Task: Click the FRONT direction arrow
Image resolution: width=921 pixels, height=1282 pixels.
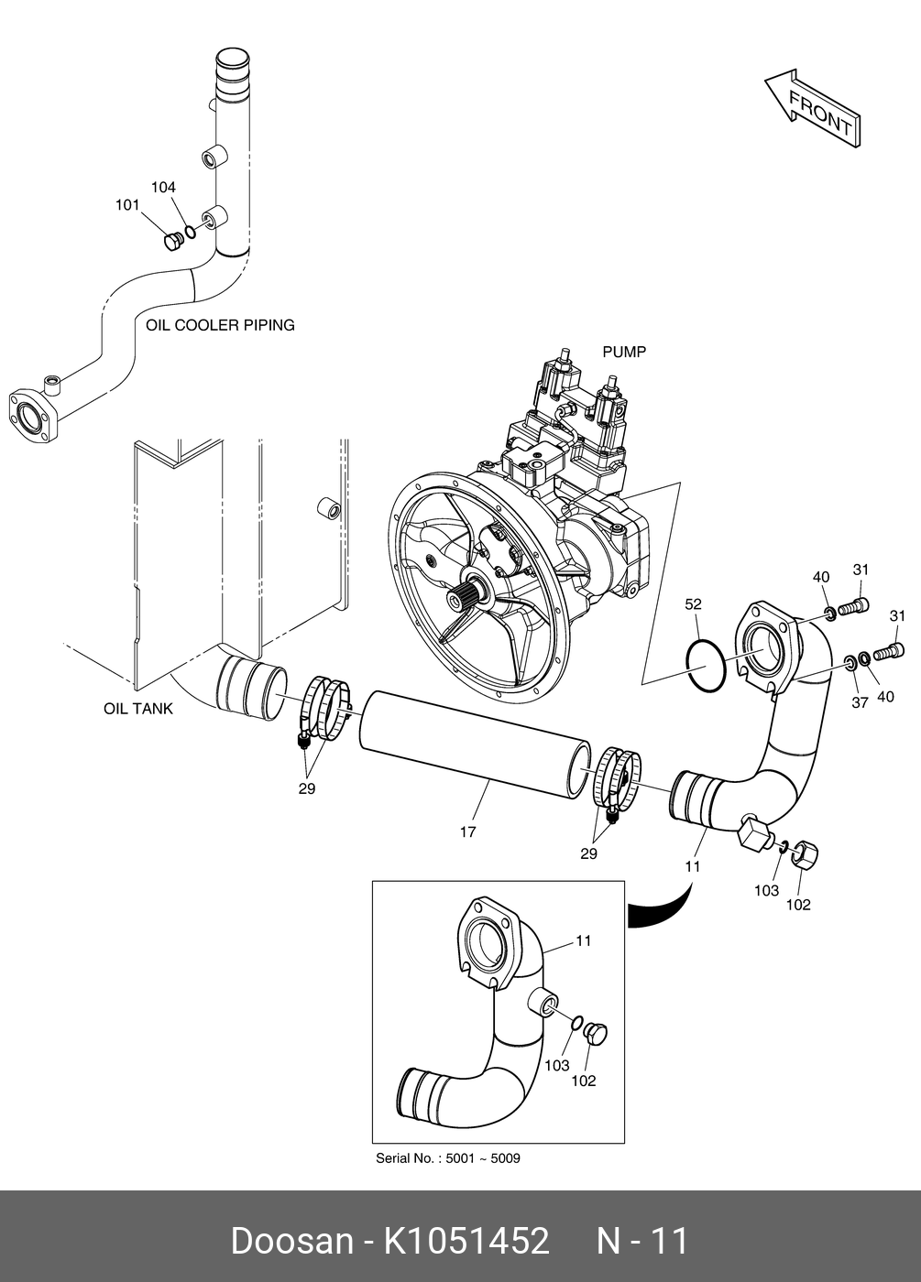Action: [814, 109]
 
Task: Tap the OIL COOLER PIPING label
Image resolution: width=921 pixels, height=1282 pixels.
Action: [220, 325]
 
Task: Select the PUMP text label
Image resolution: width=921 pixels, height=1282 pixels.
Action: [624, 352]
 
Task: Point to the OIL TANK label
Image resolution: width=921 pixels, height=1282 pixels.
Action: [138, 709]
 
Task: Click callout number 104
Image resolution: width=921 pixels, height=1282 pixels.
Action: [163, 187]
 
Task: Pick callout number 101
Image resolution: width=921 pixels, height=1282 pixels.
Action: [127, 204]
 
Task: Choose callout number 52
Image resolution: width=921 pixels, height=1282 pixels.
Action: [693, 603]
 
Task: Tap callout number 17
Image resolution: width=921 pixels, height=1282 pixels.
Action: [467, 832]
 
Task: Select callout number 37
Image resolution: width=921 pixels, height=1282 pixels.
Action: [860, 702]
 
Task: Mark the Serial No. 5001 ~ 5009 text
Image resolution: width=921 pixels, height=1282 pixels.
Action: [448, 1158]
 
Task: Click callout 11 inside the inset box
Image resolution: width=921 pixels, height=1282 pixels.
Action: [583, 940]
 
